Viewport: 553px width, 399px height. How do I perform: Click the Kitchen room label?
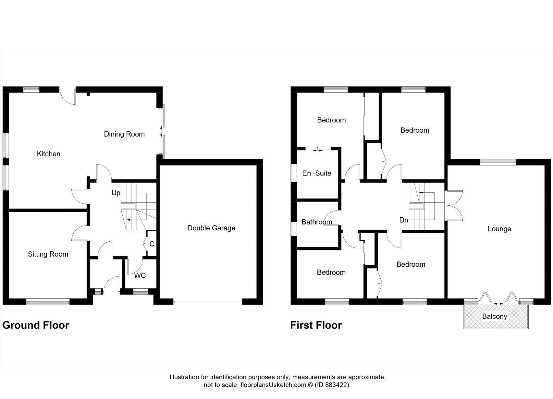49,154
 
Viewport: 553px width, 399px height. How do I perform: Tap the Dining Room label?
124,134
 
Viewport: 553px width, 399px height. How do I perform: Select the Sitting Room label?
48,254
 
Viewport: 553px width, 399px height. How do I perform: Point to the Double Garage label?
211,228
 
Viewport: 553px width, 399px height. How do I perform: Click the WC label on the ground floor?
140,275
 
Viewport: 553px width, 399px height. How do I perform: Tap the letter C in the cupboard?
152,244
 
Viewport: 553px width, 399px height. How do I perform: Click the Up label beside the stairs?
116,193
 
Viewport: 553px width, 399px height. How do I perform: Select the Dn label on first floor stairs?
404,220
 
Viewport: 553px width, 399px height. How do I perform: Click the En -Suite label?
317,173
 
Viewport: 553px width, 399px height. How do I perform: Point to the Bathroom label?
317,222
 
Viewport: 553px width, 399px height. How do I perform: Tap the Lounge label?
499,229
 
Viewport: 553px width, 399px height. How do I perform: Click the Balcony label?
495,316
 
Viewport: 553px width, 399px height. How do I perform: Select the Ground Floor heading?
36,325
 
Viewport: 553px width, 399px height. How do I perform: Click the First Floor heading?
316,325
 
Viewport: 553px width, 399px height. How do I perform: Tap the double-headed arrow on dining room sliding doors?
161,131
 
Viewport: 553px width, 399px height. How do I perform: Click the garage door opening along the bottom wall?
208,302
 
